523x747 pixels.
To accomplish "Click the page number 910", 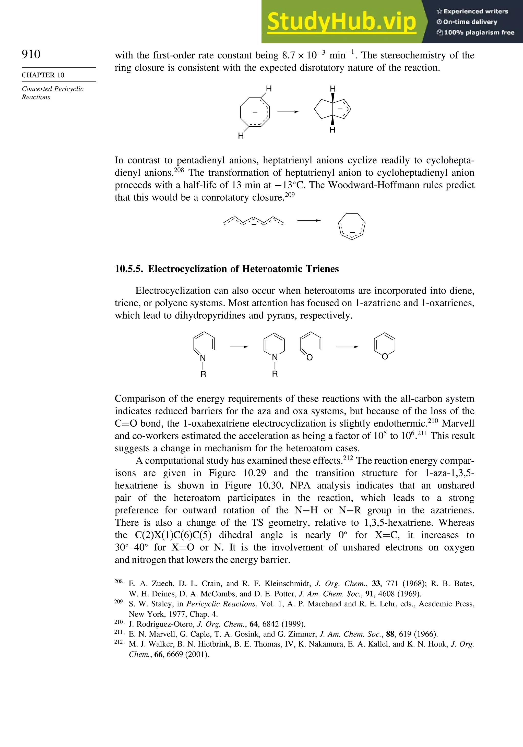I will click(x=31, y=54).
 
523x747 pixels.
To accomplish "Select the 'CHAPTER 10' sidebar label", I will click(x=43, y=75).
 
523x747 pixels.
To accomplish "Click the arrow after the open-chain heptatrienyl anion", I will click(x=308, y=221).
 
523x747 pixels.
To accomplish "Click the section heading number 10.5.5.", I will click(x=128, y=269).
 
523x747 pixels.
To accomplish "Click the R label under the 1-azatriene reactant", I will click(x=203, y=375).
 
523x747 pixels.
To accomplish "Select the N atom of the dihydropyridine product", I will click(x=275, y=358).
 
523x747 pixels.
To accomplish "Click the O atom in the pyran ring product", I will click(x=385, y=357).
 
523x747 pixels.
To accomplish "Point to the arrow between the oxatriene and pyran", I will click(x=347, y=347).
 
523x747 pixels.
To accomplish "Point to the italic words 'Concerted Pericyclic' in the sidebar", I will click(x=52, y=89).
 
